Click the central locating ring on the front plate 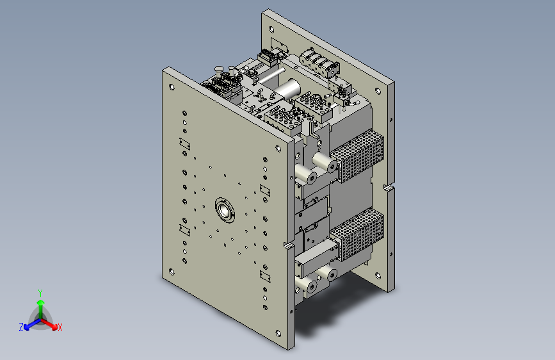coord(225,210)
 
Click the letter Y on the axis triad coord(40,293)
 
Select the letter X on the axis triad coord(60,327)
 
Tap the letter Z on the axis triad coord(21,327)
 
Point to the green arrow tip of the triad coord(41,302)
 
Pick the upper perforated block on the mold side coord(357,156)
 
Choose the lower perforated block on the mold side coord(357,234)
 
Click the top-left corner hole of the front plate coord(172,87)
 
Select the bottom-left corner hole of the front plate coord(172,272)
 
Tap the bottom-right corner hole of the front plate coord(278,334)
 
